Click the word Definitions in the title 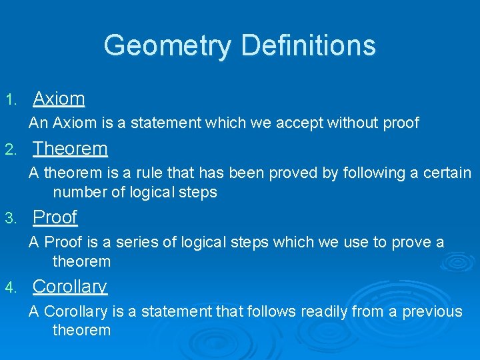[308, 45]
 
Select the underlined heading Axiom [59, 99]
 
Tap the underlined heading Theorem [70, 148]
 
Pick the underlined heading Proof [55, 217]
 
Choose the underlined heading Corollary [69, 287]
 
